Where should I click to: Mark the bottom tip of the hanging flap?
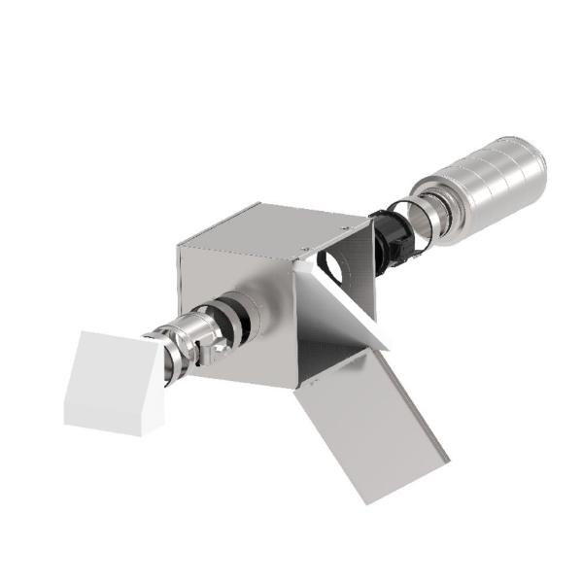pyautogui.click(x=363, y=501)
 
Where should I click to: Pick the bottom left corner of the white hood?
pyautogui.click(x=66, y=423)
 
